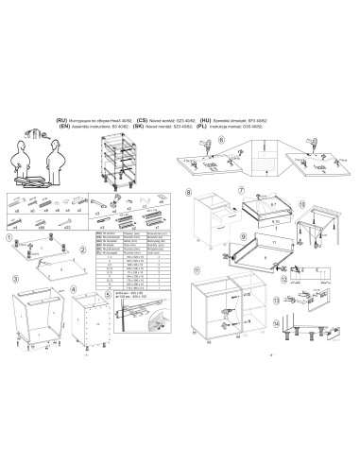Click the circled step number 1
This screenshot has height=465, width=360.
tap(8, 238)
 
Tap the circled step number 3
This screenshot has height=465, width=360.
tap(15, 280)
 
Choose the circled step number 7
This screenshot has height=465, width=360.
tap(242, 190)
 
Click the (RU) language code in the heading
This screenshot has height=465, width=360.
tap(62, 122)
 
